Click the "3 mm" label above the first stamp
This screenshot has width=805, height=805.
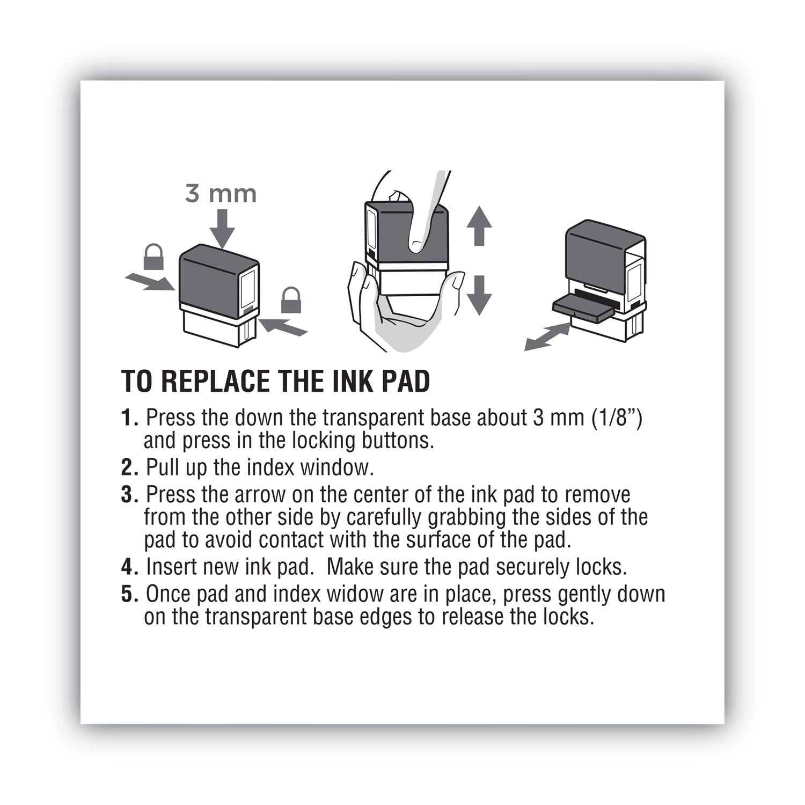tap(221, 194)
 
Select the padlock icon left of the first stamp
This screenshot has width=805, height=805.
tap(153, 257)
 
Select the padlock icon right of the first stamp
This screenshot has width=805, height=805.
tap(291, 300)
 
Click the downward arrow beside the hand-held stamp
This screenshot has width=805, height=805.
tap(479, 295)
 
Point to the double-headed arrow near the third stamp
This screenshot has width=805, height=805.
tap(547, 338)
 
